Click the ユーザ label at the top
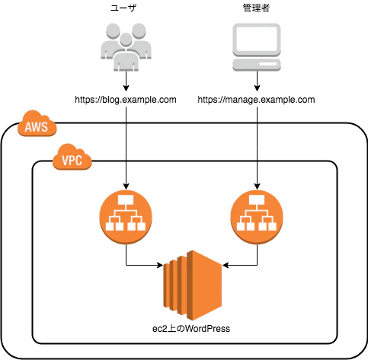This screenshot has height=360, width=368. (123, 8)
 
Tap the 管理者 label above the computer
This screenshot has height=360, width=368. (256, 8)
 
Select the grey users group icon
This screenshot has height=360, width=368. (126, 47)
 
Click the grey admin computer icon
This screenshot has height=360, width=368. (257, 47)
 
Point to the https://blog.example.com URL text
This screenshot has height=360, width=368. (126, 100)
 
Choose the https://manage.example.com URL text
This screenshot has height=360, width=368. (256, 100)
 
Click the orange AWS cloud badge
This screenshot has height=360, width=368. (37, 123)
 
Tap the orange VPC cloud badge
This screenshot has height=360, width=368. (72, 157)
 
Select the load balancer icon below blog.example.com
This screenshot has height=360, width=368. (126, 217)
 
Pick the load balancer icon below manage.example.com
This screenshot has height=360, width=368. (257, 217)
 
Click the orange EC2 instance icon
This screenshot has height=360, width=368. (193, 285)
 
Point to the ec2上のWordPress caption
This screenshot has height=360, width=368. (191, 329)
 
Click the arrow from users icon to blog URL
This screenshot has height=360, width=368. (126, 81)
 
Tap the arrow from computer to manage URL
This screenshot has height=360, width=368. (257, 81)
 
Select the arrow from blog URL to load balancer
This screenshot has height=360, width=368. (126, 148)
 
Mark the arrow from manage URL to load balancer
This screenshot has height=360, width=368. (257, 148)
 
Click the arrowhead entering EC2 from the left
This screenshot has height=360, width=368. (160, 266)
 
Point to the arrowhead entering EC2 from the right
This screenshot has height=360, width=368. (226, 266)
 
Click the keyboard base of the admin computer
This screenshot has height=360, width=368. (257, 65)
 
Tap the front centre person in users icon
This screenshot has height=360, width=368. (126, 53)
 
